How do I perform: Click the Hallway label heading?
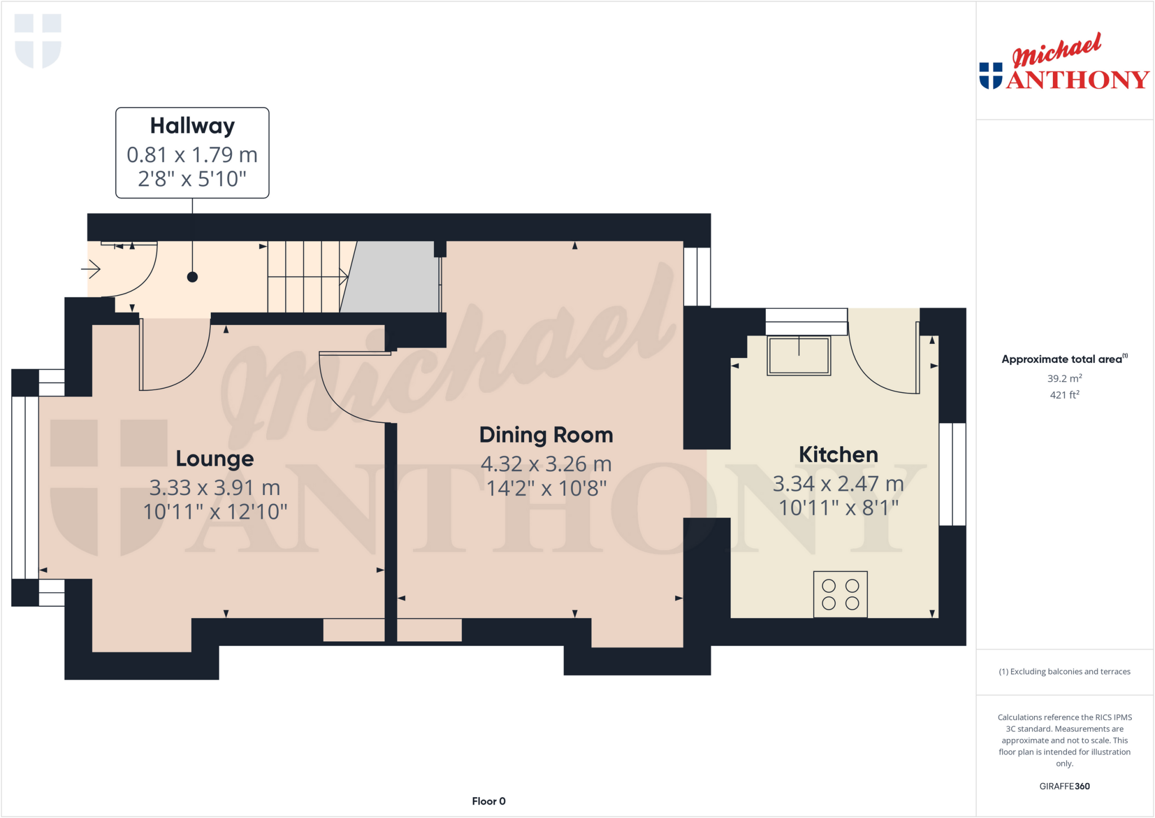pyautogui.click(x=192, y=126)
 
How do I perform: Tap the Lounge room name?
pyautogui.click(x=214, y=458)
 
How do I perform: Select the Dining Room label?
pyautogui.click(x=546, y=435)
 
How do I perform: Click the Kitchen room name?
pyautogui.click(x=838, y=454)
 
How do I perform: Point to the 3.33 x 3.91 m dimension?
pyautogui.click(x=214, y=487)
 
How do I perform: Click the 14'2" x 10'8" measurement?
pyautogui.click(x=546, y=488)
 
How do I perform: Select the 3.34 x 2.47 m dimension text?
pyautogui.click(x=838, y=484)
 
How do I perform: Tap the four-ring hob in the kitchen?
pyautogui.click(x=840, y=594)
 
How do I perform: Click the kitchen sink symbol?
pyautogui.click(x=799, y=355)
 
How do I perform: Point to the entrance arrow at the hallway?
pyautogui.click(x=91, y=269)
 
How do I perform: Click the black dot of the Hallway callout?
pyautogui.click(x=192, y=277)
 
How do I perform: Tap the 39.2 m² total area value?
pyautogui.click(x=1064, y=378)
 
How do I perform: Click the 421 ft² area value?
pyautogui.click(x=1064, y=395)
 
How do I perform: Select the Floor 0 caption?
pyautogui.click(x=488, y=801)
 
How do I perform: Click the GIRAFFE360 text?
pyautogui.click(x=1064, y=786)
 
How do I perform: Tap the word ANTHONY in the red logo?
pyautogui.click(x=1077, y=80)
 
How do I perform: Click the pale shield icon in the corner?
pyautogui.click(x=38, y=41)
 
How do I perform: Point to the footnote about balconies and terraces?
pyautogui.click(x=1064, y=671)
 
